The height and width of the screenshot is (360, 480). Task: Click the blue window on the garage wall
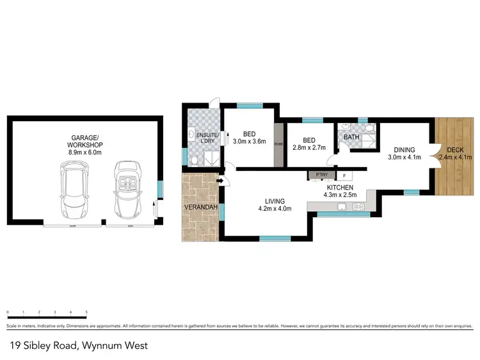click(x=160, y=190)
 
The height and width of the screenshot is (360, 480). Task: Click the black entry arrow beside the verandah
click(x=220, y=181)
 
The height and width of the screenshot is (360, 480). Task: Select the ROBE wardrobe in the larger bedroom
click(x=278, y=145)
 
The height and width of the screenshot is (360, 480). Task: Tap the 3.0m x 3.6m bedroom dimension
click(x=248, y=141)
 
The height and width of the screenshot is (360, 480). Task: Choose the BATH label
click(x=351, y=137)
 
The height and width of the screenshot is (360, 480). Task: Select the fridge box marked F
click(x=344, y=176)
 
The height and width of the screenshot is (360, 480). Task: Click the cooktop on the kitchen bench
click(x=357, y=206)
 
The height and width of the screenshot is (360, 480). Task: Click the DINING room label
click(x=401, y=149)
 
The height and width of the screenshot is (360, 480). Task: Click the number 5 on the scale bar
click(x=86, y=313)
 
